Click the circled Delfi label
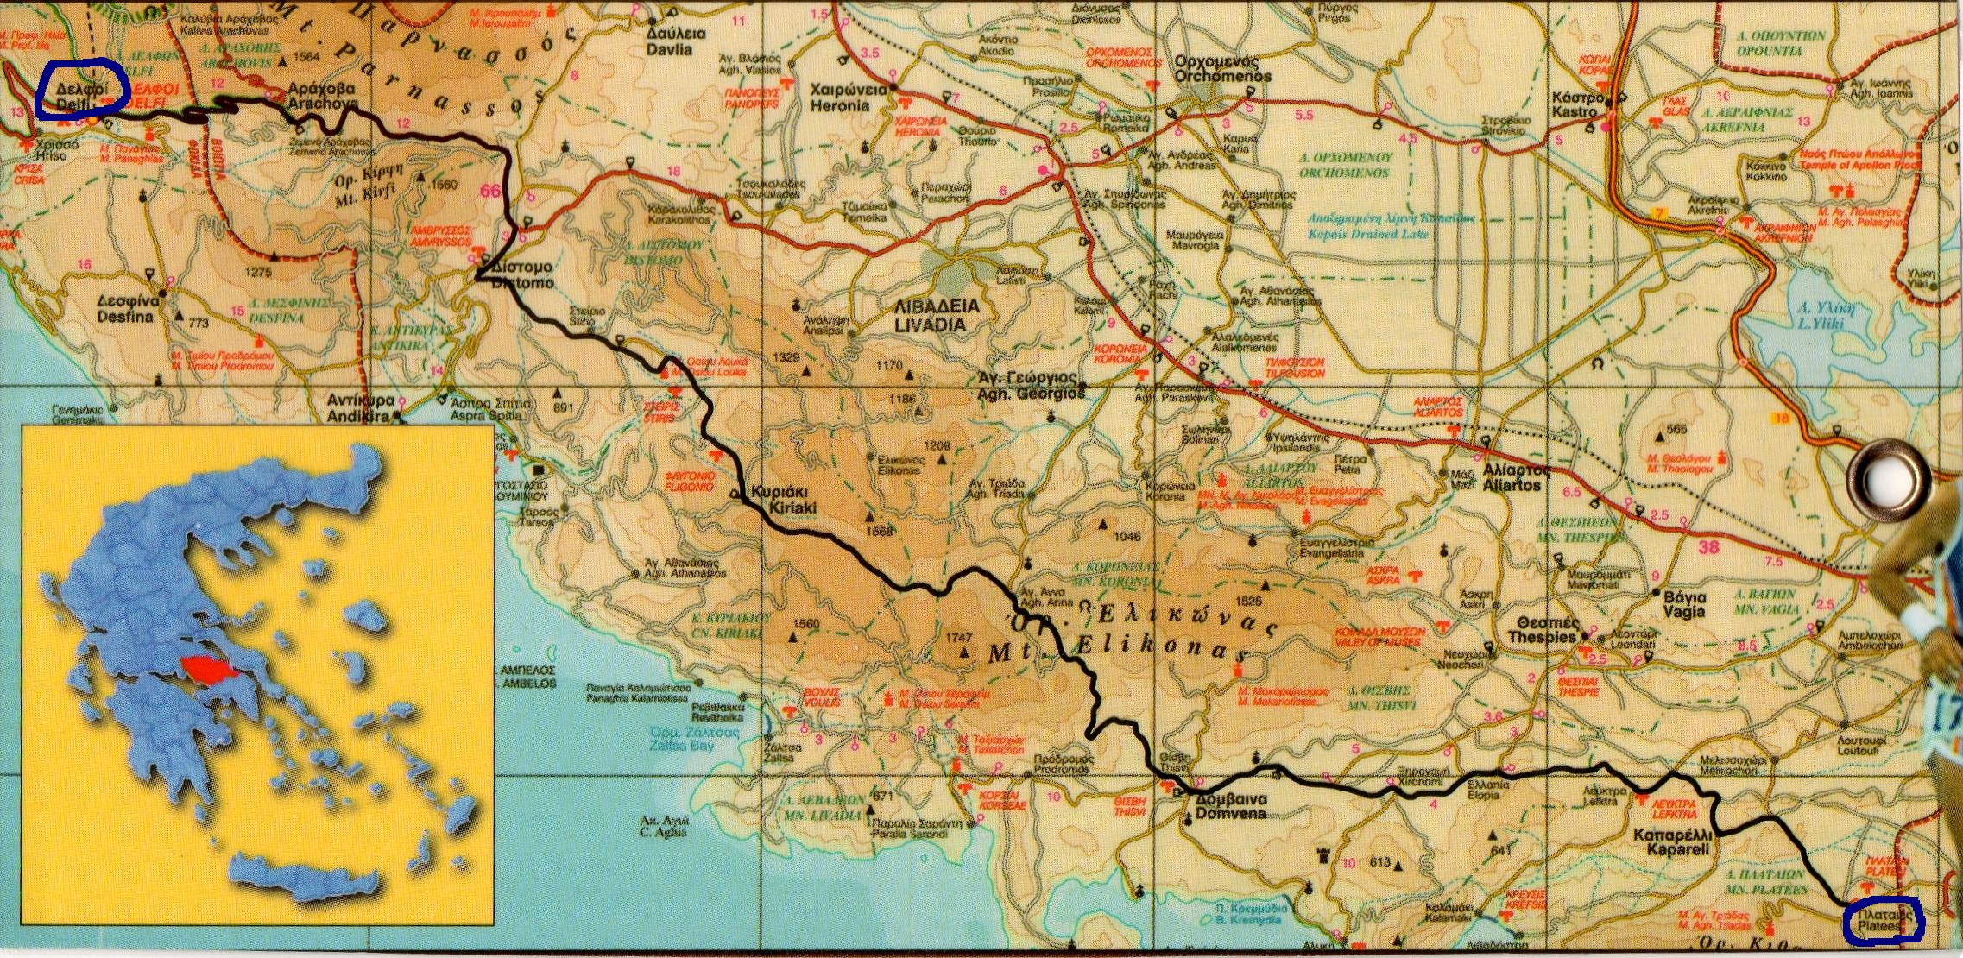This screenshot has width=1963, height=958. tap(82, 96)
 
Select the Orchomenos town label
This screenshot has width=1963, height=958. tap(1223, 70)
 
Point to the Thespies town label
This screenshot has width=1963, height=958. tap(1543, 631)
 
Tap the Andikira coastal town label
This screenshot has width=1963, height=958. tap(361, 409)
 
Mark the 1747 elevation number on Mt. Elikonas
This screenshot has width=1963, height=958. tap(959, 637)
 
